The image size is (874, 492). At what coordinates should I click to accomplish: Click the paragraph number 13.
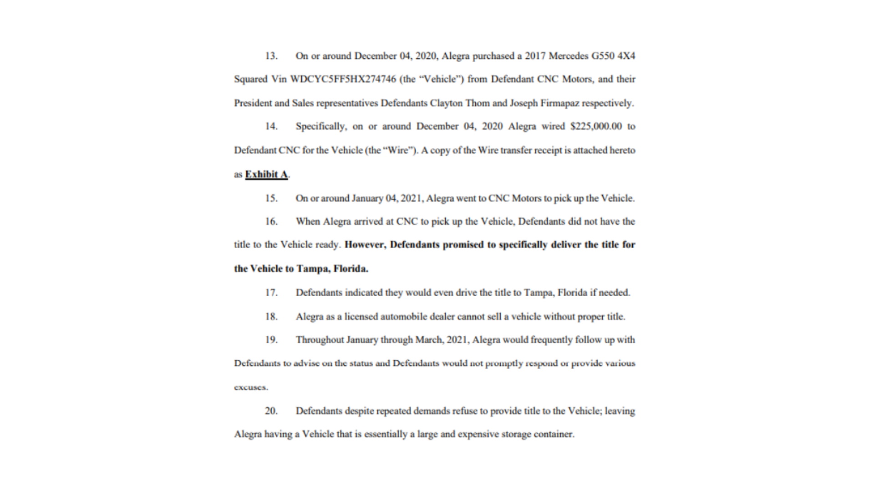pyautogui.click(x=271, y=56)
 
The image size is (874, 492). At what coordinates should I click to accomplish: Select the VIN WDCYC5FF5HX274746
pyautogui.click(x=343, y=79)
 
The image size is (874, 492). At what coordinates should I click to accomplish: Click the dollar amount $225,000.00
pyautogui.click(x=596, y=126)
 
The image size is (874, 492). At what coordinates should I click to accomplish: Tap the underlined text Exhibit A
pyautogui.click(x=266, y=174)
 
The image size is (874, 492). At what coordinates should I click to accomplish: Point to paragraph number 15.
pyautogui.click(x=271, y=198)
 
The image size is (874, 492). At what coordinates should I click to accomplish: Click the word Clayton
pyautogui.click(x=446, y=103)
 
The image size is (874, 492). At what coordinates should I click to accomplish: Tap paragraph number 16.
pyautogui.click(x=271, y=221)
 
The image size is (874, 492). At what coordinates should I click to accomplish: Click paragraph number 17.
pyautogui.click(x=271, y=292)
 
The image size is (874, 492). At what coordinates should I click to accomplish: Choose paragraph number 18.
pyautogui.click(x=271, y=317)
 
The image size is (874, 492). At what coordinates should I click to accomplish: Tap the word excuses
pyautogui.click(x=251, y=388)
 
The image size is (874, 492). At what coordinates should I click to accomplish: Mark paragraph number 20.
pyautogui.click(x=271, y=411)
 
